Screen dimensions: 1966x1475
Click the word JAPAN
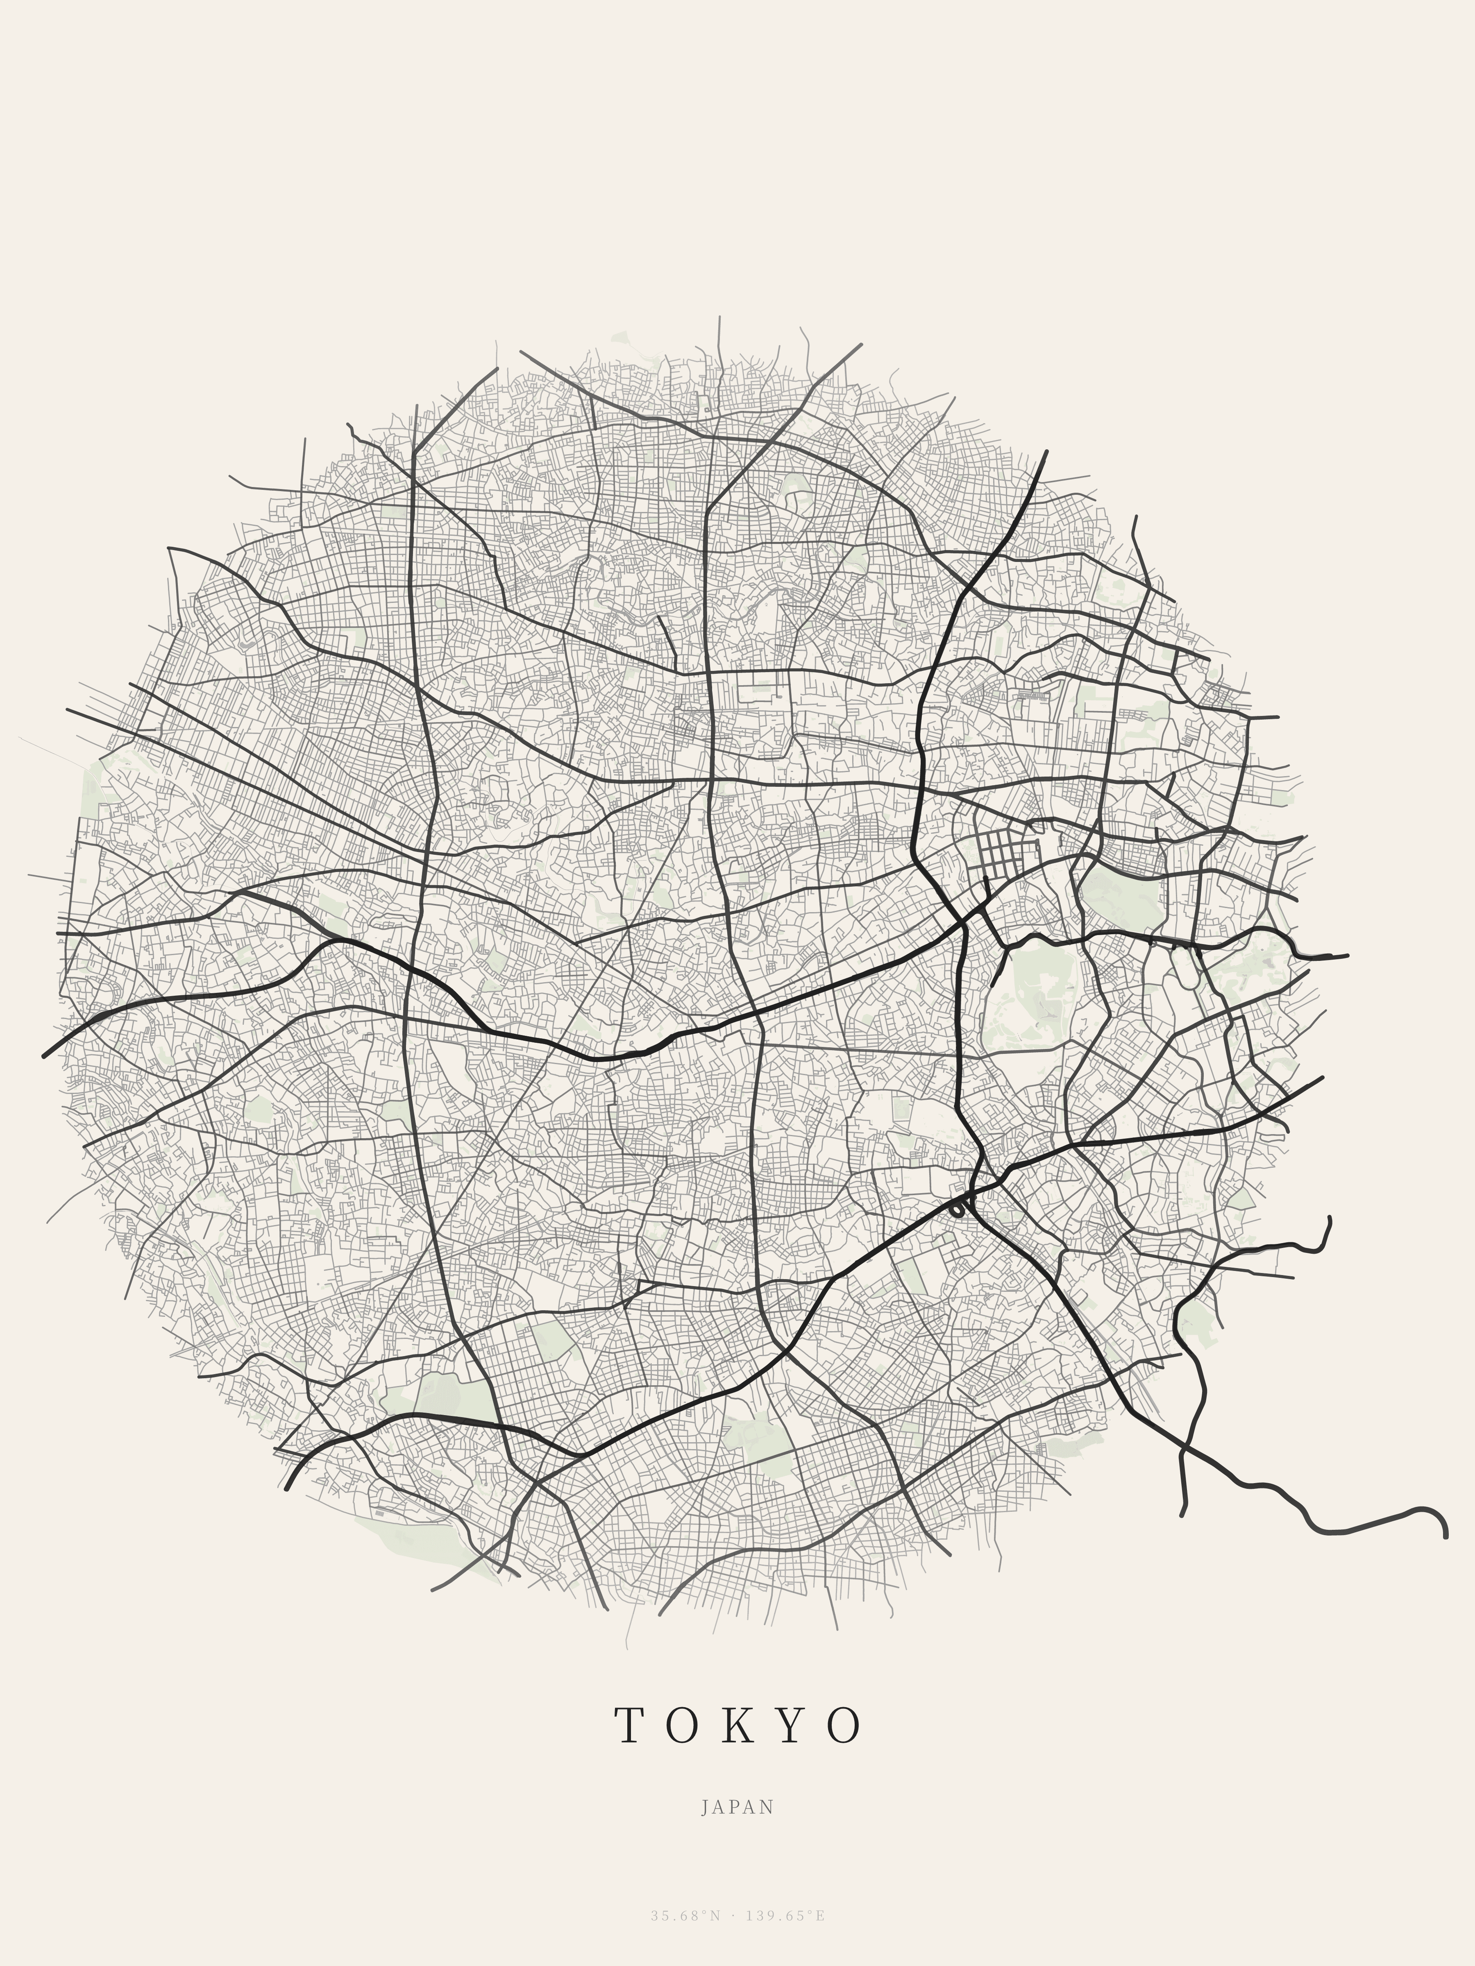737,1807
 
